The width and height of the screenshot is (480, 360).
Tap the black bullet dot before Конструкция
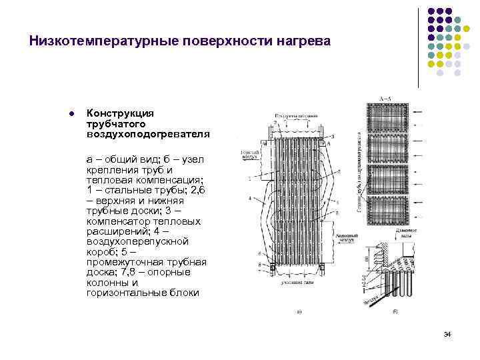(x=71, y=113)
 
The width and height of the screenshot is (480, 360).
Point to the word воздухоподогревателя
(x=148, y=133)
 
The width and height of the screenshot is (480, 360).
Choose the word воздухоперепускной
(x=137, y=241)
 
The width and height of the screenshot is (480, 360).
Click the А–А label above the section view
(x=385, y=98)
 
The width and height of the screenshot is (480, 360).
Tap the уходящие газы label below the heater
(x=299, y=284)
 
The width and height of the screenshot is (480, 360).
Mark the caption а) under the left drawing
(x=299, y=311)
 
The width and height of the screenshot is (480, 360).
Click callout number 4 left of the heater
(x=249, y=198)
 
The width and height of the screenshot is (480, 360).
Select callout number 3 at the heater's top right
(x=332, y=135)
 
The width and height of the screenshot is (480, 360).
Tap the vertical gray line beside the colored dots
(x=419, y=47)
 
